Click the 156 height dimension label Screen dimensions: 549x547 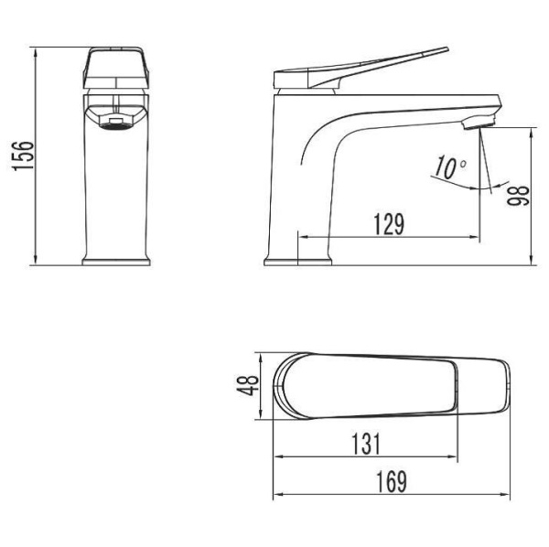[23, 156]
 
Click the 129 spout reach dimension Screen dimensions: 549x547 [389, 224]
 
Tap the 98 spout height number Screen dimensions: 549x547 [519, 196]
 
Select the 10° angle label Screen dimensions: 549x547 [450, 167]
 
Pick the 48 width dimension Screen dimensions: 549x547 [248, 385]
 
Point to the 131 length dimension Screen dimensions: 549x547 [365, 445]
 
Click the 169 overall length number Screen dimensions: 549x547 [392, 482]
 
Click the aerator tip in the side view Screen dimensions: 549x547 [479, 123]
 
